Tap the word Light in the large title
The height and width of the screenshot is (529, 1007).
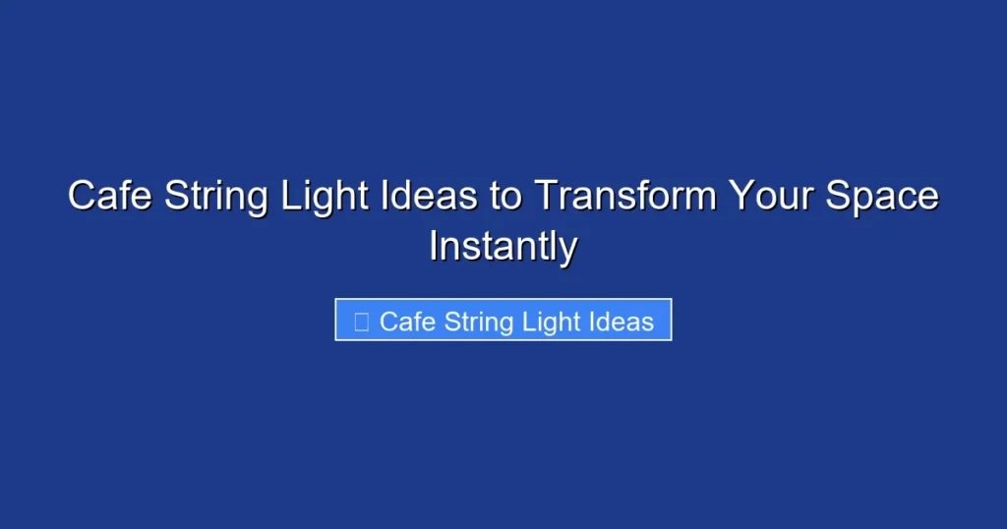[317, 197]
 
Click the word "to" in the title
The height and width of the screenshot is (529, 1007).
[507, 197]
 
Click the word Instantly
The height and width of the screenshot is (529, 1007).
[503, 247]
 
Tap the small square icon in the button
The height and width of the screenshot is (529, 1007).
[361, 322]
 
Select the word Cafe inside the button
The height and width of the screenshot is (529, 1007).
[407, 322]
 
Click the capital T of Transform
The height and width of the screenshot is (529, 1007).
[545, 197]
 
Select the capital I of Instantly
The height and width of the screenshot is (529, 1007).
[434, 246]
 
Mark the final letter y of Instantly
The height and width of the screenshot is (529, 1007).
[568, 250]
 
